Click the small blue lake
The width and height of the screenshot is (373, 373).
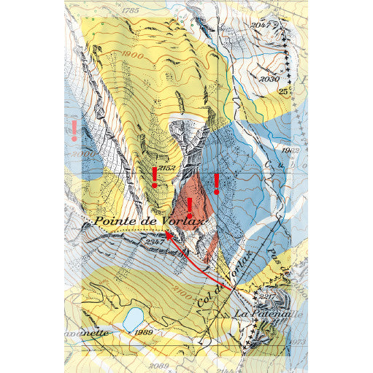click(x=133, y=319)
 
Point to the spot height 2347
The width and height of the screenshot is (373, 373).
click(x=155, y=241)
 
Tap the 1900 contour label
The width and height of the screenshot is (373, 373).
click(x=133, y=55)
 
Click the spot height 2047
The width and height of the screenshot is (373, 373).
click(x=261, y=26)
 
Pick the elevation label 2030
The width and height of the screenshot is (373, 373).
click(x=269, y=79)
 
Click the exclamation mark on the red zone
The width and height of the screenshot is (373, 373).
click(x=190, y=207)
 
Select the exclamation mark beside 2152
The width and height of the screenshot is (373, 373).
click(x=154, y=177)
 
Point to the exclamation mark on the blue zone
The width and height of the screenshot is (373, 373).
click(x=216, y=183)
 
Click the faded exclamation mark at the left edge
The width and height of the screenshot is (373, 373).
click(x=74, y=130)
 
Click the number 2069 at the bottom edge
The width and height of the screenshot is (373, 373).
click(x=158, y=365)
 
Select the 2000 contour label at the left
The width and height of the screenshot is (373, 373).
click(x=85, y=155)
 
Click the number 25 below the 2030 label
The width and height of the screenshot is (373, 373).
click(x=282, y=91)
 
